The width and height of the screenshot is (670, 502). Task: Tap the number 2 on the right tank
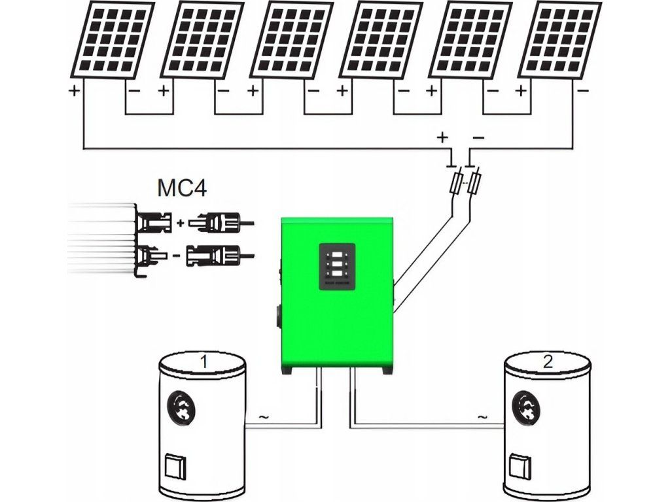point(547,361)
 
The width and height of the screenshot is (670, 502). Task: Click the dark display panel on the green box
point(337,266)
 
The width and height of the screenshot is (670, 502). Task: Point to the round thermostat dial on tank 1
point(184,407)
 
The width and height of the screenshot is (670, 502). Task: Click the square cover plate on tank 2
point(518,465)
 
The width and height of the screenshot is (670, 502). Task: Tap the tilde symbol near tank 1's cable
point(264,416)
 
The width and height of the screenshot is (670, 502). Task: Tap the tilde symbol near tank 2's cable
point(483,416)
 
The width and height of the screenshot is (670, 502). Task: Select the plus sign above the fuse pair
point(442,137)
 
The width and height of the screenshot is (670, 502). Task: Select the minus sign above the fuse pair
point(478,137)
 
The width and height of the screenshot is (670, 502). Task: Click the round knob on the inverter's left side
point(279,318)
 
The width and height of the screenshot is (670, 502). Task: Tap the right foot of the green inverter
point(378,370)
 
